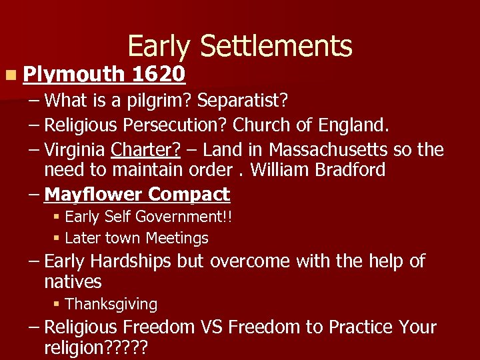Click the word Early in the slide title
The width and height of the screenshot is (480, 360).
pos(159,47)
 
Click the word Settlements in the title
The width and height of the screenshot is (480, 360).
pos(276,47)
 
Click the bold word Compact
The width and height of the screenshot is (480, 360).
pos(189,194)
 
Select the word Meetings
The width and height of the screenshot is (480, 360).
pos(177,238)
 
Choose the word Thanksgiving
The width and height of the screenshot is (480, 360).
pos(111,304)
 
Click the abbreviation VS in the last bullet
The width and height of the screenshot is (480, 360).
pos(214,327)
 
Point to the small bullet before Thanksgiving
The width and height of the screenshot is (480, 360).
pos(57,304)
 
